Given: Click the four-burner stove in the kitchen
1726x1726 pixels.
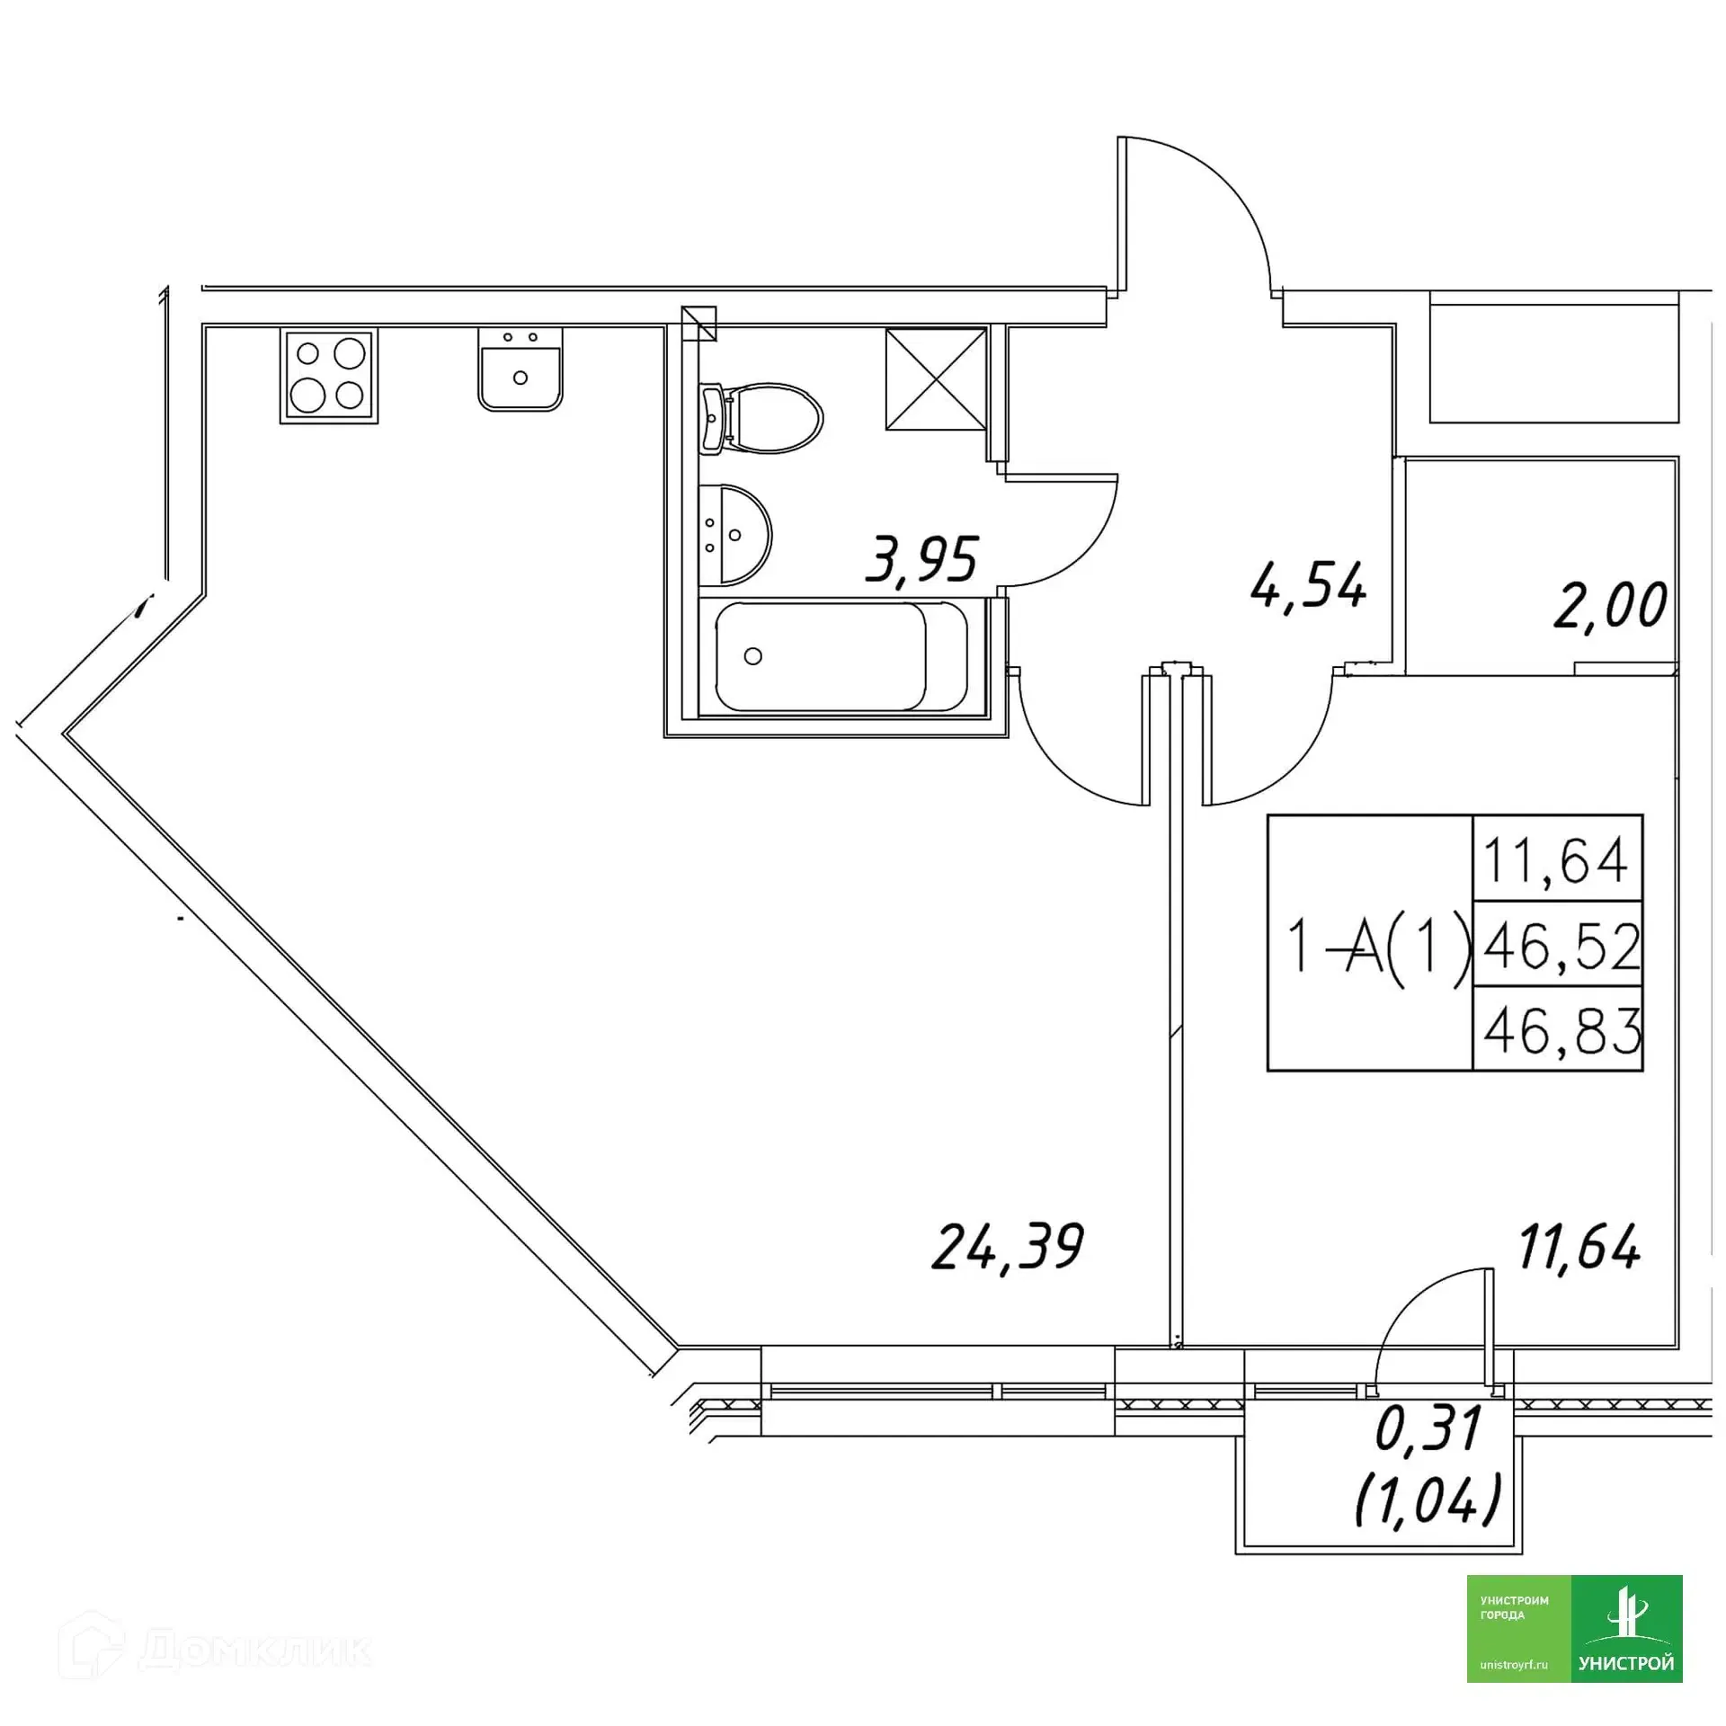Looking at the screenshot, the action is click(329, 375).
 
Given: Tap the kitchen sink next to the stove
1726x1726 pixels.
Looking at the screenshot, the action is click(520, 369).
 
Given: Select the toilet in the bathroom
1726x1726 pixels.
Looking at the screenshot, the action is click(761, 419).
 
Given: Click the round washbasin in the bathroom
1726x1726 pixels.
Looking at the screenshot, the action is click(734, 535).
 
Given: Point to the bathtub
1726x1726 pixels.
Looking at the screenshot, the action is click(841, 656).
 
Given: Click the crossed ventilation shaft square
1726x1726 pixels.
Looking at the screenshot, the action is click(936, 378).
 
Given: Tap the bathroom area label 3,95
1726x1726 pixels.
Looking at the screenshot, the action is click(921, 560).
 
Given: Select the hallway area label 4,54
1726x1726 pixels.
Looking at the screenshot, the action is click(1308, 585).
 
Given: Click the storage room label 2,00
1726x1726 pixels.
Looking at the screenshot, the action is click(1610, 606).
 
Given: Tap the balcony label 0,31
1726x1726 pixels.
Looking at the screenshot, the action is click(1428, 1428).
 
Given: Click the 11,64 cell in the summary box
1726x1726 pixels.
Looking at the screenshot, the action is click(1554, 859).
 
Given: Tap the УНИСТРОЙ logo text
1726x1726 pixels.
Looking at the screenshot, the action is click(1626, 1664).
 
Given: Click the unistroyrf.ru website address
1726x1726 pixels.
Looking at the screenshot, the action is click(1514, 1666).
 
